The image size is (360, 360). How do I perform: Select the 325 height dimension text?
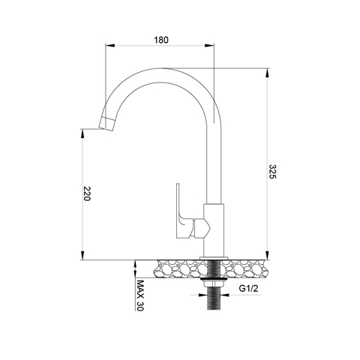click(x=274, y=172)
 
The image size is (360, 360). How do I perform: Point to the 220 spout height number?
click(x=86, y=196)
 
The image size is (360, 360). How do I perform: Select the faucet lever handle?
click(x=181, y=212)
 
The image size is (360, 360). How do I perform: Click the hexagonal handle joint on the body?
click(x=201, y=226)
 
